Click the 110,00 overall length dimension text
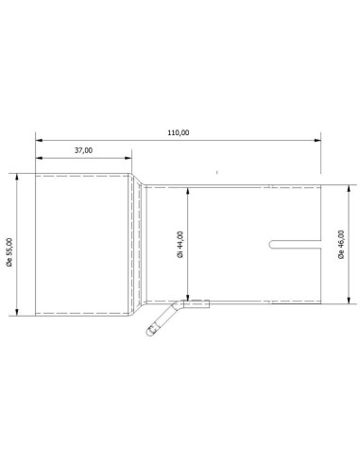click(178, 132)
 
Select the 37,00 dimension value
click(83, 150)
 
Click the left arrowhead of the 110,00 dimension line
click(40, 140)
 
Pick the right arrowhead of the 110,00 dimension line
click(317, 140)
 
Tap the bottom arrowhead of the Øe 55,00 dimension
click(19, 311)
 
